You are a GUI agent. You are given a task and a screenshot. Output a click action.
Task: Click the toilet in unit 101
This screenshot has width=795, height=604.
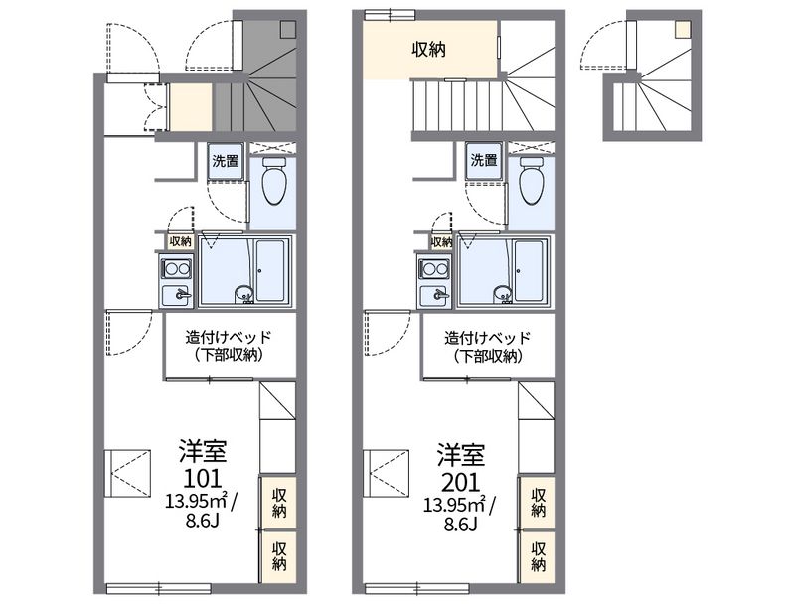pyautogui.click(x=274, y=180)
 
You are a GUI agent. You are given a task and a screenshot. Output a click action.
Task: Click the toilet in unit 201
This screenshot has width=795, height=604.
pyautogui.click(x=533, y=180)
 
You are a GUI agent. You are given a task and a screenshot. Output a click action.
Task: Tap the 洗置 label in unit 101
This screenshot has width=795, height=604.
pyautogui.click(x=226, y=161)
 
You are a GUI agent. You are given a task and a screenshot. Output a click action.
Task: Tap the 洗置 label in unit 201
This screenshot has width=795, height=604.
pyautogui.click(x=484, y=161)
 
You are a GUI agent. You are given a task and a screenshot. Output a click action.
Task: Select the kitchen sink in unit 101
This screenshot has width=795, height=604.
pyautogui.click(x=176, y=294)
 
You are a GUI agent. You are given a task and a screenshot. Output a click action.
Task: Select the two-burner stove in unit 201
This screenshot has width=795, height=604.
pyautogui.click(x=434, y=268)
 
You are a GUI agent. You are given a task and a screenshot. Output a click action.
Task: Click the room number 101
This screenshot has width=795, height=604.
pyautogui.click(x=203, y=478)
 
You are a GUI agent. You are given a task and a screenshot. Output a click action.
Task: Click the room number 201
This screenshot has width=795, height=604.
pyautogui.click(x=461, y=482)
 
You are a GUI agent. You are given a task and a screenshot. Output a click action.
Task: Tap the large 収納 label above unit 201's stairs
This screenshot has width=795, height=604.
pyautogui.click(x=429, y=49)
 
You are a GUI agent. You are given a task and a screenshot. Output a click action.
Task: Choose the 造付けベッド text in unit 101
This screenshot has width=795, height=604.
pyautogui.click(x=229, y=337)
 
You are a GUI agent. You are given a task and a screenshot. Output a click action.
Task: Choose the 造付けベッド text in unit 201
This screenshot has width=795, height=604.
pyautogui.click(x=488, y=337)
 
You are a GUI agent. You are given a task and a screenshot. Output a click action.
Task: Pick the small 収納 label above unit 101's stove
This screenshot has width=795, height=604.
pyautogui.click(x=181, y=241)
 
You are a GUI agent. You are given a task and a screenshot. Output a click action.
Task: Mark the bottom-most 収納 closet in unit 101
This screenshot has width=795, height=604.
pyautogui.click(x=278, y=556)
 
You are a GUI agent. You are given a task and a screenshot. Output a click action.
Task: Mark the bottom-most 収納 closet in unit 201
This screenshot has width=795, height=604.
pyautogui.click(x=538, y=556)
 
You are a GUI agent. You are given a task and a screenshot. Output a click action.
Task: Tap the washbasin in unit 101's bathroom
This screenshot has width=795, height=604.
pyautogui.click(x=244, y=294)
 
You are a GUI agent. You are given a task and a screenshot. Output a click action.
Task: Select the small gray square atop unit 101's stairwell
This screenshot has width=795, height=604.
pyautogui.click(x=288, y=29)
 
